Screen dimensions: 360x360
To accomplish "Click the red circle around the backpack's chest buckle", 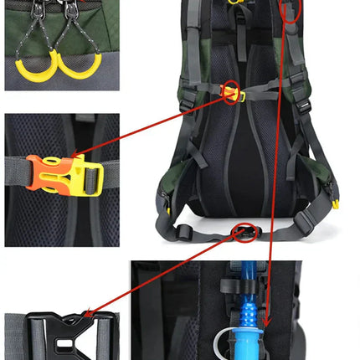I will coord(231,91).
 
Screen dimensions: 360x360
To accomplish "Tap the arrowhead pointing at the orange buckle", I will coord(78,154).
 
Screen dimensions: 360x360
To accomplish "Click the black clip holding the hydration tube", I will coord(237,282).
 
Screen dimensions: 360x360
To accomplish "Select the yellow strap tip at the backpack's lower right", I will coord(335,203).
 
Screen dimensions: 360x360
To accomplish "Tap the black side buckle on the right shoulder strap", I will coord(303,107).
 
